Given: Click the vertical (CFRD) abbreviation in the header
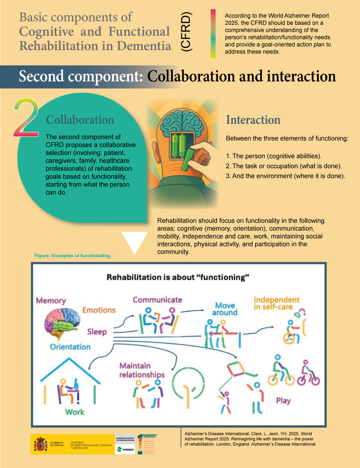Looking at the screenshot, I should [186, 32].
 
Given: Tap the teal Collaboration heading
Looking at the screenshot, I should [80, 120].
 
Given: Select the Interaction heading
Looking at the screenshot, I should [253, 120].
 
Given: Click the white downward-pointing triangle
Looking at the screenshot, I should [134, 242].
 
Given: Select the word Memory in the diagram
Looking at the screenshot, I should [51, 300].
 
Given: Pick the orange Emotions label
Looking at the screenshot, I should [99, 310].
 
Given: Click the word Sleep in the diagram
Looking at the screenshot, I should [97, 332].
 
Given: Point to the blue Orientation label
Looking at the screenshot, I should [70, 347].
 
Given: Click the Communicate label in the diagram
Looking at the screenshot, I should [157, 300].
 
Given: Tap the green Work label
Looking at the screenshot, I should [75, 412].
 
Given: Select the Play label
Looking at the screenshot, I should [283, 400].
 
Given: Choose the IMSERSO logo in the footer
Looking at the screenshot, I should [125, 449].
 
